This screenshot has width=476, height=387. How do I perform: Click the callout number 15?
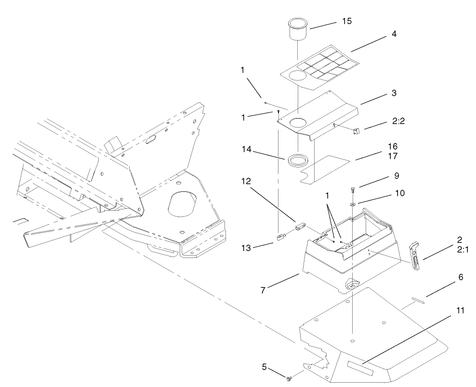pos(346,22)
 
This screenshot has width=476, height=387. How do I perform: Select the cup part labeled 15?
pos(298,30)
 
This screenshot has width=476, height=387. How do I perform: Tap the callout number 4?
pos(394,34)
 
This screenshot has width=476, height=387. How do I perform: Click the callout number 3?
pos(394,93)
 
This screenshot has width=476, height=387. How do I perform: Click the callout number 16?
pos(393,146)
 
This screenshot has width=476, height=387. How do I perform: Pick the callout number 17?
pos(393,156)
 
